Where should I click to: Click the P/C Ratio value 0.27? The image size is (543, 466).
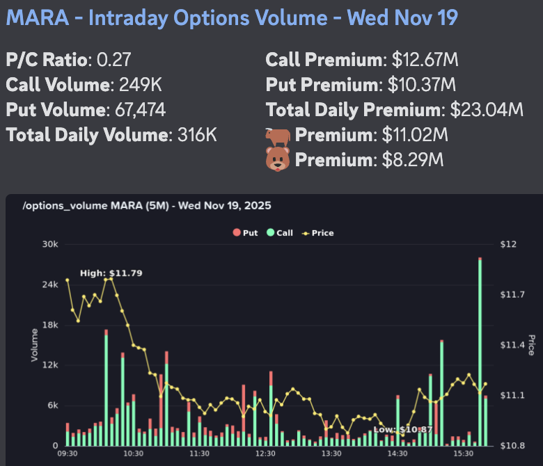coord(111,60)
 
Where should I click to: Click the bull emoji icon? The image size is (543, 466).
coord(278,135)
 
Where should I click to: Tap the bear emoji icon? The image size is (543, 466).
coord(278,160)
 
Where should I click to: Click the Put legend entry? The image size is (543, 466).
coord(247,233)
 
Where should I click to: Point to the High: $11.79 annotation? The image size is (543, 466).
coord(111,273)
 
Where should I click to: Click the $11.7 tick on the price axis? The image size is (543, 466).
coord(512,295)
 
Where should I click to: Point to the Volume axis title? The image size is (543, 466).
coord(33,344)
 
